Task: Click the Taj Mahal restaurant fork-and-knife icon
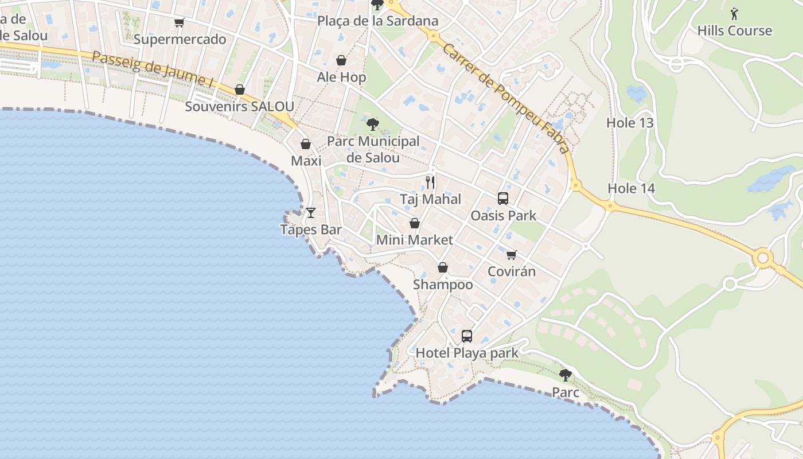tap(430, 182)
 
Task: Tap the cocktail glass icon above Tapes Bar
tap(311, 213)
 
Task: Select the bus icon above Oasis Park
tap(503, 199)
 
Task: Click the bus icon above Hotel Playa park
tap(467, 336)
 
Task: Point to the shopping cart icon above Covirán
tap(511, 255)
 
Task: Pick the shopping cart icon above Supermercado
tap(180, 23)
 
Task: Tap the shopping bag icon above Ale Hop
tap(341, 60)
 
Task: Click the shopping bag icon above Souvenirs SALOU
tap(240, 90)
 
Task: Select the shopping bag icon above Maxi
tap(306, 144)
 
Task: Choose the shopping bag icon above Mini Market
tap(415, 223)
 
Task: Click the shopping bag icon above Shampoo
tap(443, 267)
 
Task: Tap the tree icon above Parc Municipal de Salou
tap(373, 124)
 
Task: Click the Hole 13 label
tap(630, 123)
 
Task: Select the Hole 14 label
tap(631, 188)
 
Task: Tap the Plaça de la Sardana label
tap(378, 21)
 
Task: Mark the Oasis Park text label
tap(503, 216)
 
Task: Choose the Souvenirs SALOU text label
tap(239, 107)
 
